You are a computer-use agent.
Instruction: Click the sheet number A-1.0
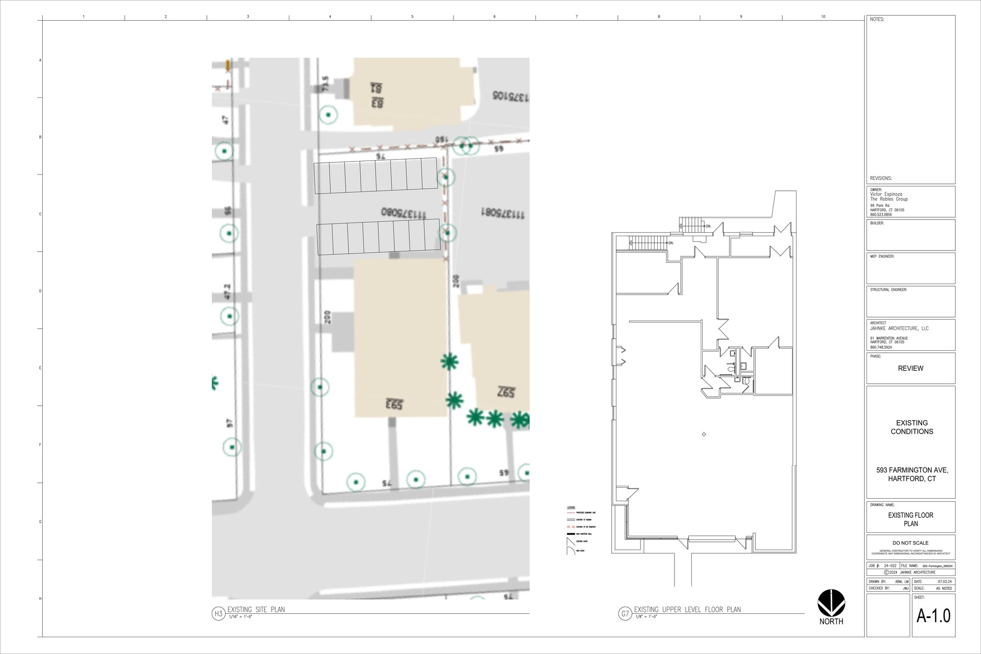(x=933, y=616)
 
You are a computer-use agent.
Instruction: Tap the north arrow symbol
(x=831, y=603)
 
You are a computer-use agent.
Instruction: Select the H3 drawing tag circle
(x=218, y=613)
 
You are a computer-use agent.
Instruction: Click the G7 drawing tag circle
(x=625, y=613)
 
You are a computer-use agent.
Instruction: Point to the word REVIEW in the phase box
(x=910, y=368)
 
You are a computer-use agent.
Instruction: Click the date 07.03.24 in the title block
(x=944, y=581)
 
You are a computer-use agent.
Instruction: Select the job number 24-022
(x=890, y=566)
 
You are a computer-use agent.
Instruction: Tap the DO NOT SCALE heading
(x=910, y=543)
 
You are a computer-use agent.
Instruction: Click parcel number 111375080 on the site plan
(x=403, y=212)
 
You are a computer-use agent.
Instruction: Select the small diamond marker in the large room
(x=704, y=434)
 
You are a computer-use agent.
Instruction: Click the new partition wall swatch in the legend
(x=570, y=534)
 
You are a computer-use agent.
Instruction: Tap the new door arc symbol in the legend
(x=570, y=551)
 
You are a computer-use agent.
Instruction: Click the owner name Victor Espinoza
(x=886, y=195)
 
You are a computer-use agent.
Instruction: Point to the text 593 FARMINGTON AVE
(x=912, y=470)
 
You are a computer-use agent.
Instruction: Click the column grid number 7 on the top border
(x=577, y=17)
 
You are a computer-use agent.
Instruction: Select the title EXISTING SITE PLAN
(x=256, y=609)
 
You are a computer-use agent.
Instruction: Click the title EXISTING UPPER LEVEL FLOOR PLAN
(x=687, y=609)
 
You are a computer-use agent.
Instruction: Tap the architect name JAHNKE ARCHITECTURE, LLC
(x=899, y=329)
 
